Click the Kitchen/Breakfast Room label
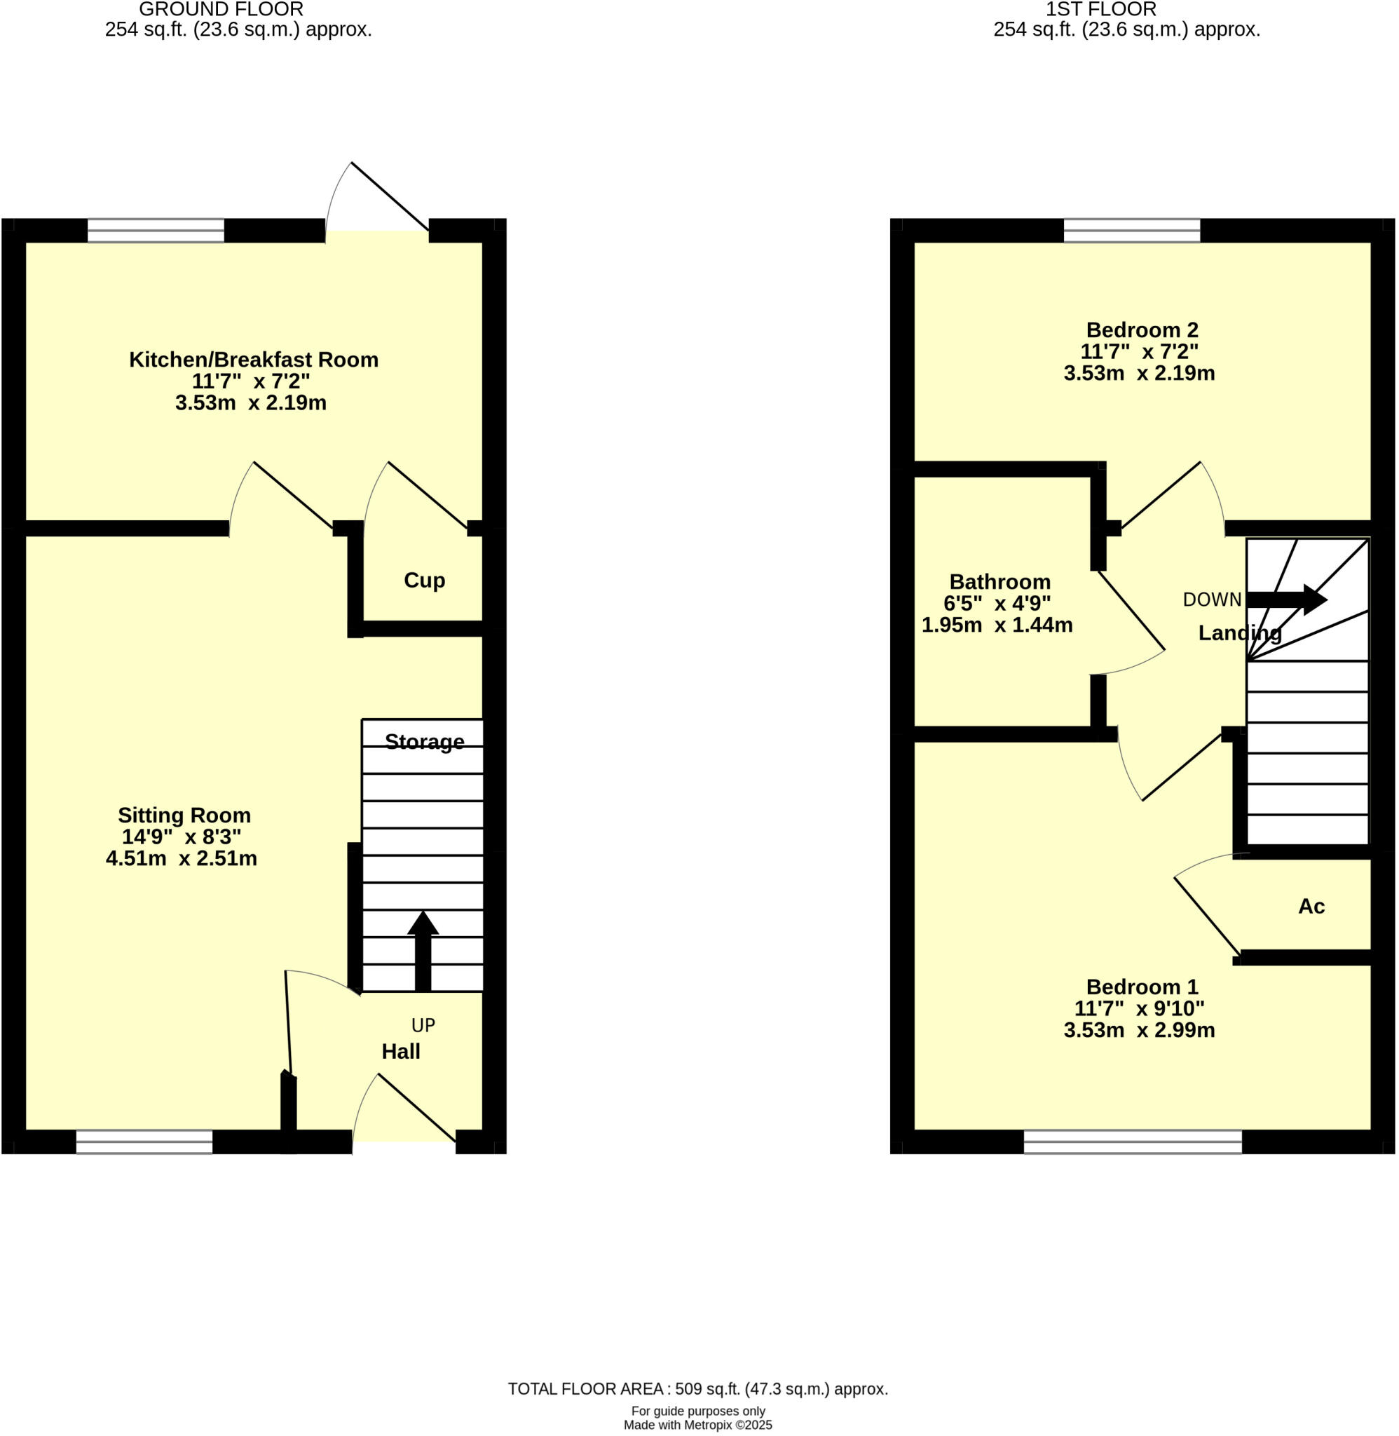click(254, 360)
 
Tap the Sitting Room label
click(184, 815)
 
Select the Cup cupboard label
click(424, 580)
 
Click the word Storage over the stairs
click(424, 742)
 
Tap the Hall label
click(400, 1051)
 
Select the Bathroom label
click(999, 581)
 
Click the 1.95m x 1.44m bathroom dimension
click(997, 625)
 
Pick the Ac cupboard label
click(1311, 906)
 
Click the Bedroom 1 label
click(1142, 987)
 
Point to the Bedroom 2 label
click(1142, 330)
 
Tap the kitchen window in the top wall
click(156, 231)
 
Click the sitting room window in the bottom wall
click(144, 1142)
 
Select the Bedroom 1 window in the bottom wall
click(1132, 1142)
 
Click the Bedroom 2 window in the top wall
click(1131, 231)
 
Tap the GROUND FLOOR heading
click(221, 10)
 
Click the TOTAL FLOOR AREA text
click(697, 1388)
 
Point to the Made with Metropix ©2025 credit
click(697, 1424)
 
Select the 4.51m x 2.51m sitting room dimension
click(182, 858)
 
